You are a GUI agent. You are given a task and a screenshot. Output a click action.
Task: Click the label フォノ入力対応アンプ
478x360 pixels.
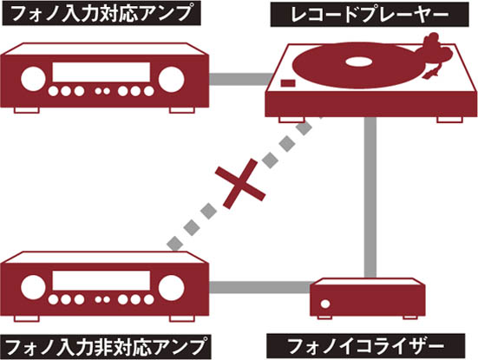point(101,13)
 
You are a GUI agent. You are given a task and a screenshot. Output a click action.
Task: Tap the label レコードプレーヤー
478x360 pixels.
point(370,15)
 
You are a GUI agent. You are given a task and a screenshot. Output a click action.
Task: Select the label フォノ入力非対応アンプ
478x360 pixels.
point(106,347)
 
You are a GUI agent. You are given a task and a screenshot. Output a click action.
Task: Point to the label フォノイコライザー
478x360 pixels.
point(366,346)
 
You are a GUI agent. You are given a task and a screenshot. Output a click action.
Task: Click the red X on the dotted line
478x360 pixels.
point(240,184)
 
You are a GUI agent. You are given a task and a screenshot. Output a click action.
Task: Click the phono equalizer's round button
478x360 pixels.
point(325,304)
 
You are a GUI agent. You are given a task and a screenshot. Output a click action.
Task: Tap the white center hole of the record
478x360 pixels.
point(359,62)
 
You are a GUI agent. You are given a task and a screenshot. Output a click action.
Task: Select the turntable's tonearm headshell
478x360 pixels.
point(431,74)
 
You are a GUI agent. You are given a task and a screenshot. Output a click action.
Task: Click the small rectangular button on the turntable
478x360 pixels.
point(288,83)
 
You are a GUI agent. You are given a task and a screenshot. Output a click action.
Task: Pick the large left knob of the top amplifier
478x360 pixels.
point(33,79)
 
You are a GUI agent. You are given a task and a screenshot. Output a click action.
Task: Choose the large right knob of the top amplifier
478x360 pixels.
point(171,79)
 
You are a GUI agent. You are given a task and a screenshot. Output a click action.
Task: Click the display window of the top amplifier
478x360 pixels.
point(101,72)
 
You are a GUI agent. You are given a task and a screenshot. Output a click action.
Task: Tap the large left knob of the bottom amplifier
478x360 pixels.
point(33,287)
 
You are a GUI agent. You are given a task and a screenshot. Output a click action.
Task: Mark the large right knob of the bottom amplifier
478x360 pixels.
point(171,288)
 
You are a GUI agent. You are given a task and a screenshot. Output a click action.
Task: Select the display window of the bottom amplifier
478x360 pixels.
point(101,280)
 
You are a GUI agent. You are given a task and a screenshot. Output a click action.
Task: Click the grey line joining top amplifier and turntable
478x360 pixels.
point(241,79)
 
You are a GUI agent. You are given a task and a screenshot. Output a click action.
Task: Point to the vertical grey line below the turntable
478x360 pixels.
point(370,197)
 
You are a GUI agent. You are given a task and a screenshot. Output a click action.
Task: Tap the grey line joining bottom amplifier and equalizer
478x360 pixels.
point(259,287)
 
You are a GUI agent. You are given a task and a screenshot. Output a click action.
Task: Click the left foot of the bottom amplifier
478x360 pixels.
point(27,318)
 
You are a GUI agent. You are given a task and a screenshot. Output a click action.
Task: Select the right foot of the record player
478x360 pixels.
point(450,120)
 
